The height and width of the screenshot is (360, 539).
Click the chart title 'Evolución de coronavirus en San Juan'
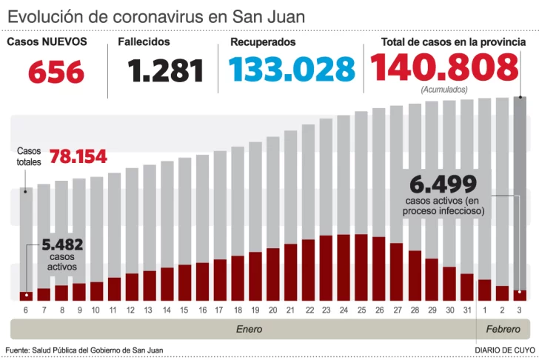pos(156,16)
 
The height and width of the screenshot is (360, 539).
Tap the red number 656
pos(56,73)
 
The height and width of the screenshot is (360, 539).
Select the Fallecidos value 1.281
pos(165,71)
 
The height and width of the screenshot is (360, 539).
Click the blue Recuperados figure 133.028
pos(292,70)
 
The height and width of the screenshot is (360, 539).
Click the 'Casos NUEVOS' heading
pos(47,42)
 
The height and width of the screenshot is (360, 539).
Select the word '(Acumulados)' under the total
pos(444,89)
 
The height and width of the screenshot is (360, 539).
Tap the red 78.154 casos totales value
pos(78,157)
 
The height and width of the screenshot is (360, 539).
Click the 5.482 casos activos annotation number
pos(62,245)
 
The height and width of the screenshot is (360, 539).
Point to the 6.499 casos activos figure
pos(443,183)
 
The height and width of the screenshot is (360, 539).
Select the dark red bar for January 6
pos(26,296)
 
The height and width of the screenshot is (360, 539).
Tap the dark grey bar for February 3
pos(520,193)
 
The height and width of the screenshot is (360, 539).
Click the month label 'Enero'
pos(249,328)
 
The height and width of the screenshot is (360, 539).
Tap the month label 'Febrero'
pos(503,328)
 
